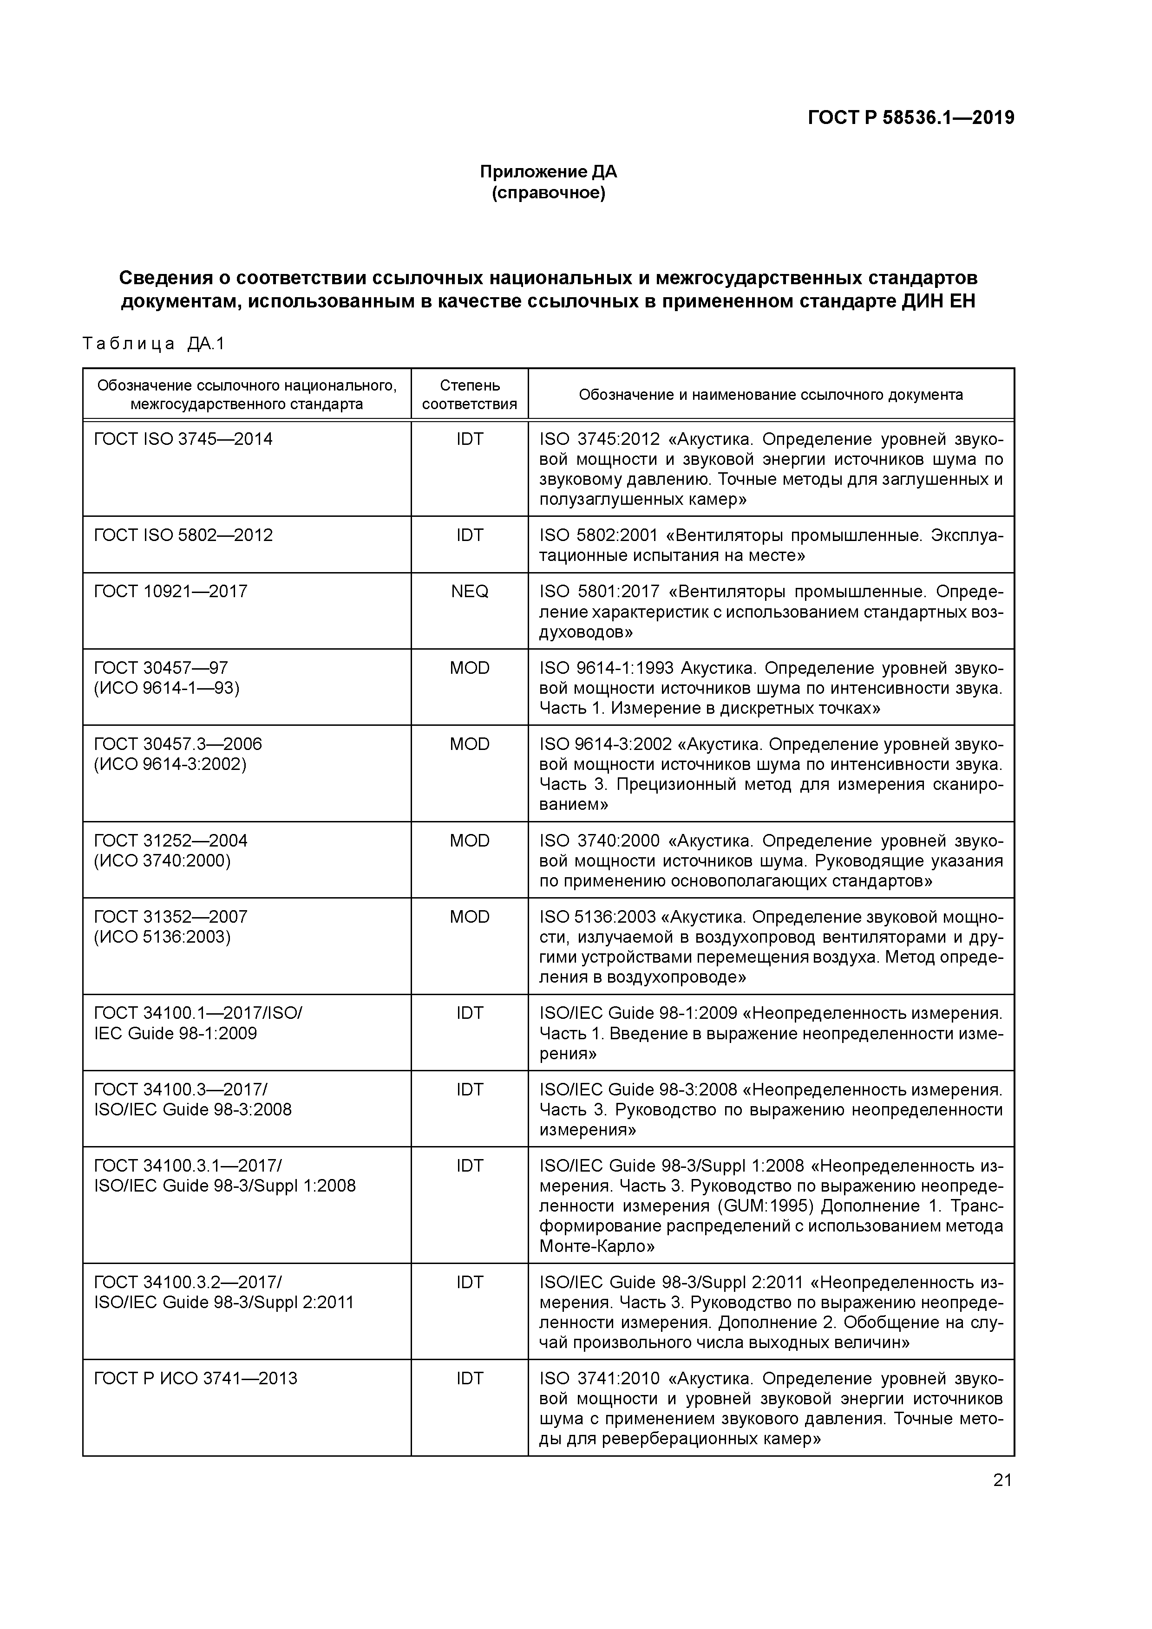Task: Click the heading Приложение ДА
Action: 548,172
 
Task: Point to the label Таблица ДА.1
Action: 153,344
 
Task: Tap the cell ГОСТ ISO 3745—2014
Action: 183,439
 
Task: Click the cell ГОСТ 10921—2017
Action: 170,592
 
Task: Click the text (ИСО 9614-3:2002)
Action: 170,764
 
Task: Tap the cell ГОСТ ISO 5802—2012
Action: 183,535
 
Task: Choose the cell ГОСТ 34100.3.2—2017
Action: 187,1283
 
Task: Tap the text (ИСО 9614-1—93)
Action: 167,688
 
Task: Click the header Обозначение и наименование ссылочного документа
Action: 771,394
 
